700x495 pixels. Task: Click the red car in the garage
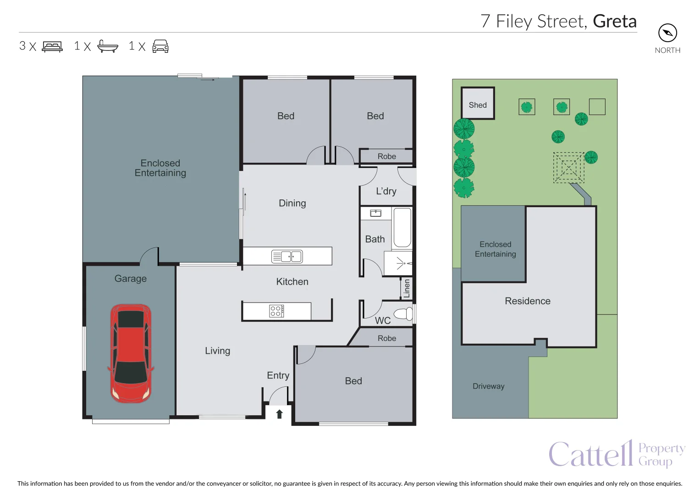[131, 353]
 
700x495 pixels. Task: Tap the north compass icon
[667, 33]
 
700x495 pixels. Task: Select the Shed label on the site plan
[478, 105]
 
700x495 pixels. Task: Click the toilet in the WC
[403, 314]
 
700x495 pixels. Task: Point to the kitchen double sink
[287, 256]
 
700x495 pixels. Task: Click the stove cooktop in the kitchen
[276, 311]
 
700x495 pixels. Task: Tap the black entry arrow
[279, 414]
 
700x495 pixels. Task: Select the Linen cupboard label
[407, 288]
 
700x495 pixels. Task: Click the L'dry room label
[386, 191]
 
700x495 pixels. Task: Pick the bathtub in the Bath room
[402, 228]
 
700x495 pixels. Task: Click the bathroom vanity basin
[375, 213]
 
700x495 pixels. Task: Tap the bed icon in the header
[52, 46]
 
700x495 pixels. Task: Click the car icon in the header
[160, 46]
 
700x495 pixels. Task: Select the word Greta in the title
[614, 22]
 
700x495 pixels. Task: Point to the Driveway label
[488, 386]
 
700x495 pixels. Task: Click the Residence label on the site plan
[527, 301]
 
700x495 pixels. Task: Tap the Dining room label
[292, 203]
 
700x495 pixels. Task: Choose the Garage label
[131, 279]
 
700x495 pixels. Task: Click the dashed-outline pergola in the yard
[568, 167]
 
